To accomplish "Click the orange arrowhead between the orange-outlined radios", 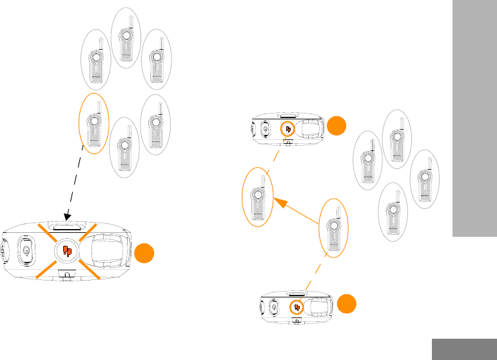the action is (280, 203).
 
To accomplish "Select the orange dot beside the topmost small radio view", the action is (336, 126).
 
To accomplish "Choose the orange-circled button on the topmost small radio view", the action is (288, 130).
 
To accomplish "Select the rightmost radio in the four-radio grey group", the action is (424, 178).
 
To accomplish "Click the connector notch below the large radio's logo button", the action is (65, 274).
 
